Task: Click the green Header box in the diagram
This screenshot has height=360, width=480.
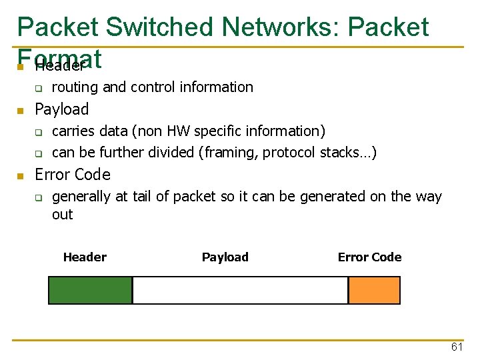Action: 91,290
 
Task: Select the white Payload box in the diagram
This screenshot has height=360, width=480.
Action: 240,290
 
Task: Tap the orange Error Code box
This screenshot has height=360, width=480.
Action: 374,290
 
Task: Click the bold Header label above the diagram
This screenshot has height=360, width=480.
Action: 85,257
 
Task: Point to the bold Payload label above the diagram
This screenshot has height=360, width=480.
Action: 225,257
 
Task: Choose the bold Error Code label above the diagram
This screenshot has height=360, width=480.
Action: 369,257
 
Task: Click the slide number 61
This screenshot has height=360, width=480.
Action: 457,347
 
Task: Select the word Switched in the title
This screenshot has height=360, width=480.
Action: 159,27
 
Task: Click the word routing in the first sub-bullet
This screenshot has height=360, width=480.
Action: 73,87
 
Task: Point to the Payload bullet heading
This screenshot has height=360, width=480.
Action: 61,109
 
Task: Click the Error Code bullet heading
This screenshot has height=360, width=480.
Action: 72,175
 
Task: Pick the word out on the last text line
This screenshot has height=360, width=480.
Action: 63,215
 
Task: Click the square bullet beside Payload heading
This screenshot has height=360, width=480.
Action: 21,110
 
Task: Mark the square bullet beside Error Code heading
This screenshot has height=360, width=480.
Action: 21,175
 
